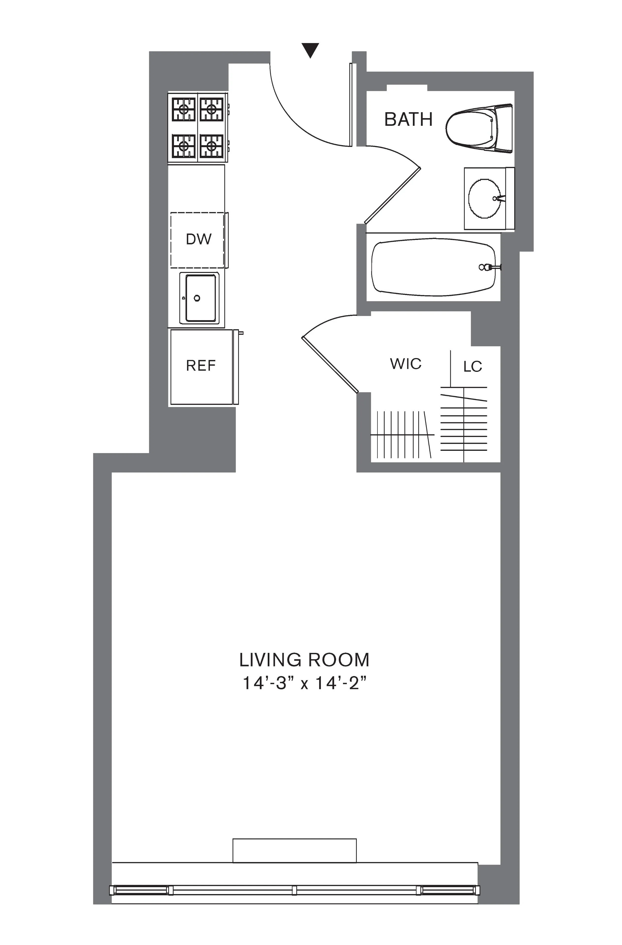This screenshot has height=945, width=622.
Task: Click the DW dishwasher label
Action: pyautogui.click(x=199, y=239)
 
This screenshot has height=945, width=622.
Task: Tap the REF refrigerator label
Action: pyautogui.click(x=201, y=365)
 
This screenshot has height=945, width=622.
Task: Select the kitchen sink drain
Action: pyautogui.click(x=197, y=298)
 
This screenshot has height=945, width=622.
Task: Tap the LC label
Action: pyautogui.click(x=472, y=366)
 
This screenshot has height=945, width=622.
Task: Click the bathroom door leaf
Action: pyautogui.click(x=392, y=195)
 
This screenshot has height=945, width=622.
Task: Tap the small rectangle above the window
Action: pyautogui.click(x=294, y=850)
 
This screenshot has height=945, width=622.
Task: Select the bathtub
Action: pyautogui.click(x=433, y=267)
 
